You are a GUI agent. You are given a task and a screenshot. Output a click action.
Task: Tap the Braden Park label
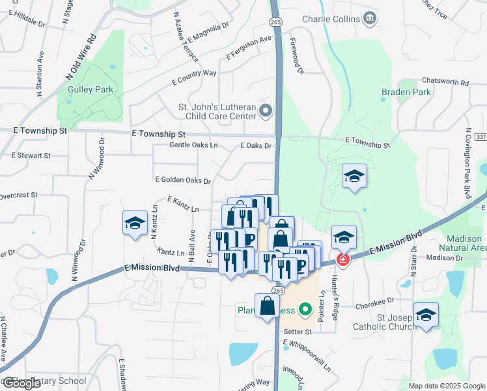(x=406, y=93)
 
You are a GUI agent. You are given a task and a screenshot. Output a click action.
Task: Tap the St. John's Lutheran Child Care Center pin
(x=265, y=111)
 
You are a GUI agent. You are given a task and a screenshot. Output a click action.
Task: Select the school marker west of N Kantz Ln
(x=135, y=224)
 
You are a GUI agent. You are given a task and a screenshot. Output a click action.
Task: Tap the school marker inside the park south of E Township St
(x=354, y=176)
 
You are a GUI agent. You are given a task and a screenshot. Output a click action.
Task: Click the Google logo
(x=21, y=383)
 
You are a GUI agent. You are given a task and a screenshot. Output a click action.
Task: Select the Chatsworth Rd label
(x=446, y=83)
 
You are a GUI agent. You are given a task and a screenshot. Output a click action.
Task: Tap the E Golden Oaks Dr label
(x=183, y=181)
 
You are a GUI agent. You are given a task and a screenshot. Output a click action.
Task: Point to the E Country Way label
(x=194, y=78)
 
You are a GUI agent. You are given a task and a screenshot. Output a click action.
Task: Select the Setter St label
(x=298, y=332)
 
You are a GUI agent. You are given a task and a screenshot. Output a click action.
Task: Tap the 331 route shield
(x=481, y=137)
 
